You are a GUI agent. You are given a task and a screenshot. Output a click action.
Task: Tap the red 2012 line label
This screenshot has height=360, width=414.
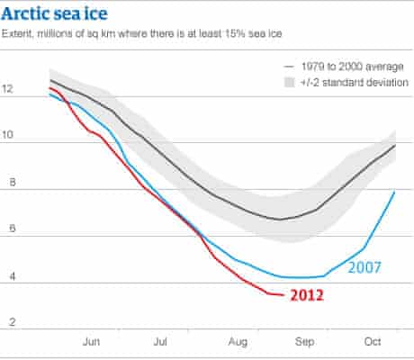[306, 294]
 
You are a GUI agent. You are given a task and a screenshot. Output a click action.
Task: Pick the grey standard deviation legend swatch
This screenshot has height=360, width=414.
[288, 82]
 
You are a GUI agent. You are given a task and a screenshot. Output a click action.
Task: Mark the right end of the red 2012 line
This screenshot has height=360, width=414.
[284, 294]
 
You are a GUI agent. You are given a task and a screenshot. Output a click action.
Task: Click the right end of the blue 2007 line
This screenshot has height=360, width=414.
[395, 191]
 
